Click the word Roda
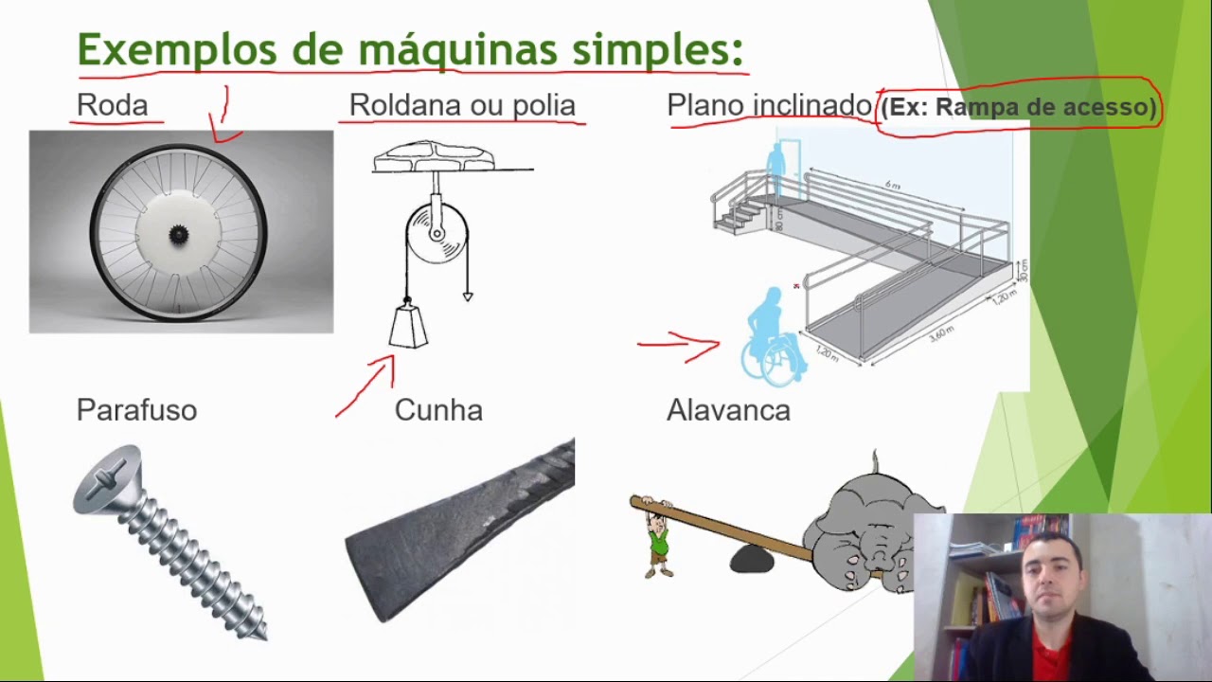point(112,105)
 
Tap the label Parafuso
point(136,410)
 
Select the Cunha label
point(438,410)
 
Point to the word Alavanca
point(728,410)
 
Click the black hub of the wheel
point(178,233)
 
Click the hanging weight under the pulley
point(408,325)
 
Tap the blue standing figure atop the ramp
point(776,169)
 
